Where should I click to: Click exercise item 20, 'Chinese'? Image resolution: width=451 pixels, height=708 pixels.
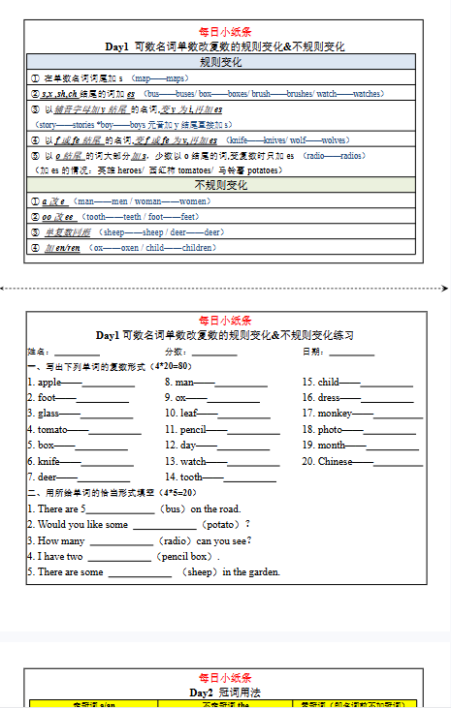click(x=335, y=461)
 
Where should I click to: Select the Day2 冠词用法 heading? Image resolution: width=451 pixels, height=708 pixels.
click(x=225, y=693)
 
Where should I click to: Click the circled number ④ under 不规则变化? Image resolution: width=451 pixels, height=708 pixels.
click(x=36, y=248)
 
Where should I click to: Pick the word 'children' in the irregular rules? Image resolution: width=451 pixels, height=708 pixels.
click(x=198, y=248)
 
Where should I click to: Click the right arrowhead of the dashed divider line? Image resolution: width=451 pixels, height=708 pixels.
click(x=446, y=288)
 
